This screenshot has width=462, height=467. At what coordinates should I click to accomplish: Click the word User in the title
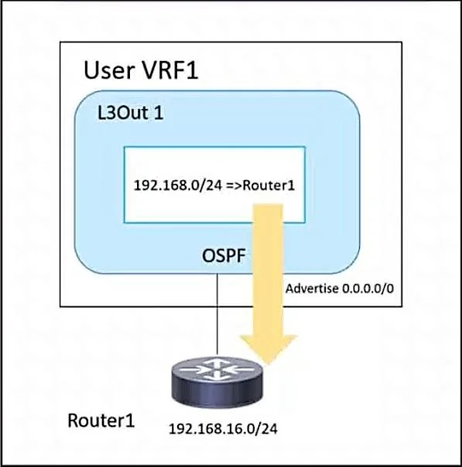(108, 70)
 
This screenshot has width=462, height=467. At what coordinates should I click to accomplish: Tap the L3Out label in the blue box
(123, 113)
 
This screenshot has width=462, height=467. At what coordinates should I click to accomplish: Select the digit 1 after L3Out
(159, 113)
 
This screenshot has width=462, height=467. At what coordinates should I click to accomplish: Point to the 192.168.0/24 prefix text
(178, 186)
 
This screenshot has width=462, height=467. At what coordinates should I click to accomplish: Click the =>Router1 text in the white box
(261, 186)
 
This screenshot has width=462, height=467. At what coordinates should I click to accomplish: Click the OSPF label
(224, 256)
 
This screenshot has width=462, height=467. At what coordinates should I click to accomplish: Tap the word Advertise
(312, 288)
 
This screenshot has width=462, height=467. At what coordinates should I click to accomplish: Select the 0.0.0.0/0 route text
(368, 288)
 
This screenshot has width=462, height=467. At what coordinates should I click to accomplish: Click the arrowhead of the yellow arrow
(269, 349)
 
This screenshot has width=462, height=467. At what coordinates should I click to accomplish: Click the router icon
(217, 382)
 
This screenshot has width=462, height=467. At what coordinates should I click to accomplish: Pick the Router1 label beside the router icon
(101, 421)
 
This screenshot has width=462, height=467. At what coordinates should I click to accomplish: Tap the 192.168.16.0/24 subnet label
(223, 429)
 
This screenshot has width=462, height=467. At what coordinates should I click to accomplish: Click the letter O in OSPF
(208, 256)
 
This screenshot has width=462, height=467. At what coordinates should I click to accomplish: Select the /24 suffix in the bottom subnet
(267, 429)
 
